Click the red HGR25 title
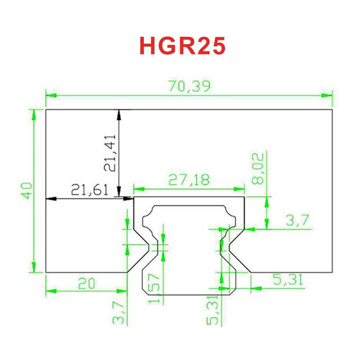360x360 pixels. coord(182,46)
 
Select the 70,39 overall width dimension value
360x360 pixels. coord(189,86)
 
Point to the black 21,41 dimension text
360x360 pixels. coord(109,153)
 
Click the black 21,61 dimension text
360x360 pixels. coord(90,189)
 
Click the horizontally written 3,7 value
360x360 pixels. coord(297,220)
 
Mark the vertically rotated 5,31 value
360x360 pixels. coord(214,312)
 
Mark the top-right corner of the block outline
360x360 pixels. coord(332,109)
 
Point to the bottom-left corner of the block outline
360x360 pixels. coord(46,272)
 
